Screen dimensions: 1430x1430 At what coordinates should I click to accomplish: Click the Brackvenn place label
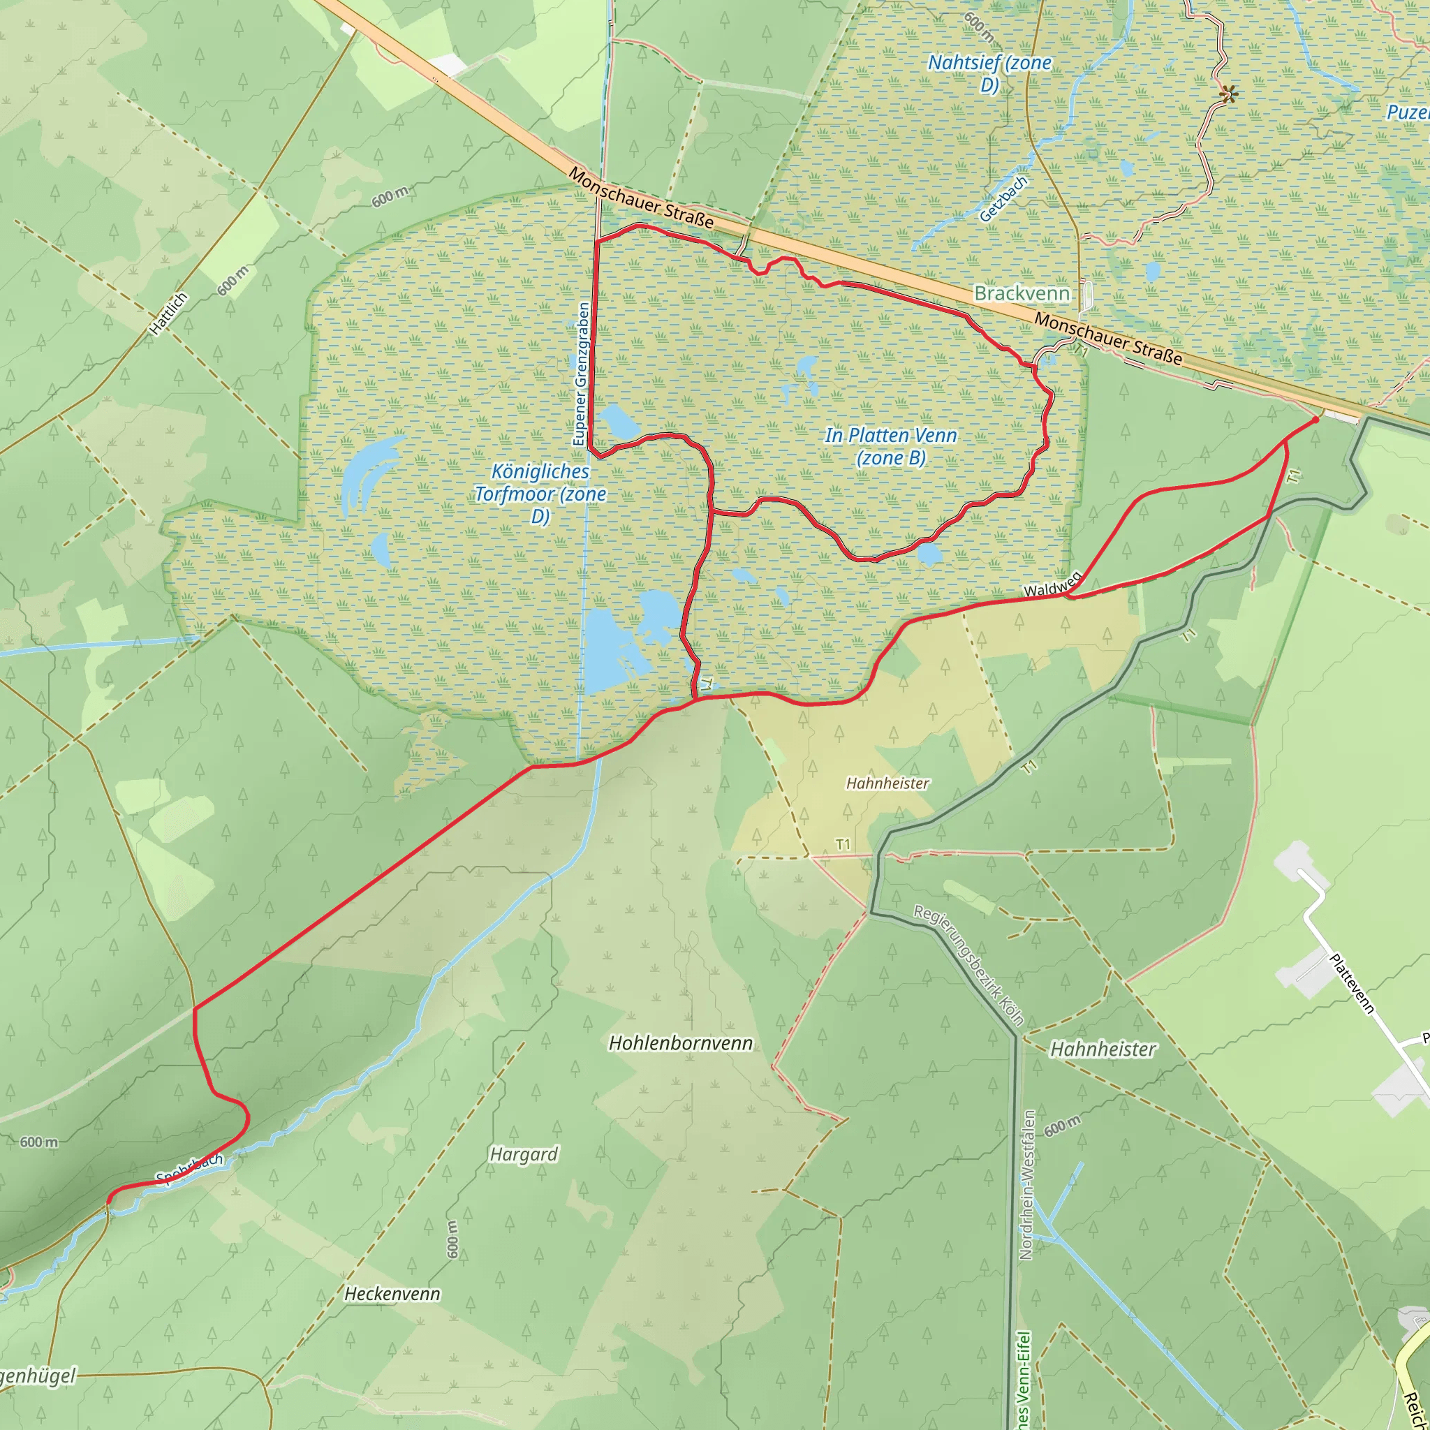1022,294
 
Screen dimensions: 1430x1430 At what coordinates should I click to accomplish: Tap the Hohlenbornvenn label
680,1044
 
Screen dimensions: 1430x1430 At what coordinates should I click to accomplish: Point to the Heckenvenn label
392,1294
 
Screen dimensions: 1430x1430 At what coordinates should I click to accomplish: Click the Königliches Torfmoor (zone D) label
540,494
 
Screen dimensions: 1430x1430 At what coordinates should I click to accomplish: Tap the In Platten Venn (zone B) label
891,446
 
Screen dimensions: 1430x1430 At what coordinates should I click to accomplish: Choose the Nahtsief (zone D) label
989,73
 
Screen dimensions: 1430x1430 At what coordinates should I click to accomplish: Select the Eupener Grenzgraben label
582,374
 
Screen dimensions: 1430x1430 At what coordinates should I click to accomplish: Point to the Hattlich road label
169,314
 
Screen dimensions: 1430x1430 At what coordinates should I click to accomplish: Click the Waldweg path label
1052,584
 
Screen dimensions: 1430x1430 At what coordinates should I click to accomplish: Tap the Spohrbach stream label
189,1168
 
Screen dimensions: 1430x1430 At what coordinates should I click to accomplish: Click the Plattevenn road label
1352,984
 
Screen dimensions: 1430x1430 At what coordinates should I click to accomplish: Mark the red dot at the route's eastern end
1315,420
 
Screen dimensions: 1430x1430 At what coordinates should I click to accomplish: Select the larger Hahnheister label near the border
1103,1049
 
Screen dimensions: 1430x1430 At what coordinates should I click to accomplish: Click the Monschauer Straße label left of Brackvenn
641,198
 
